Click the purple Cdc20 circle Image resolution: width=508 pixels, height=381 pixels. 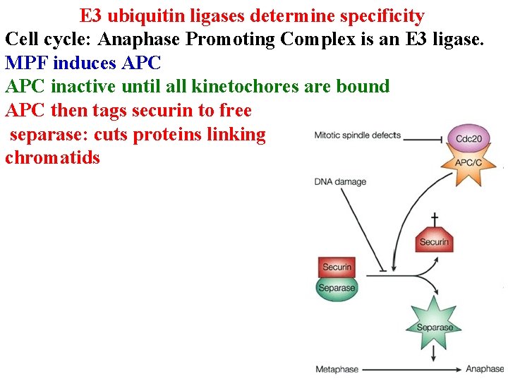pos(468,138)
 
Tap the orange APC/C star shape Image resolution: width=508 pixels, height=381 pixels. pos(468,164)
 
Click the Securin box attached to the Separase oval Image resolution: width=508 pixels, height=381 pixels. pos(337,267)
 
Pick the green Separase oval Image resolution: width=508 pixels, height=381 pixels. pos(337,288)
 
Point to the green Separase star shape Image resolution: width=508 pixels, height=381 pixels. pos(435,327)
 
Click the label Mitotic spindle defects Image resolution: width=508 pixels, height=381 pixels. pos(358,135)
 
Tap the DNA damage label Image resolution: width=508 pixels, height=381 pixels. pos(340,182)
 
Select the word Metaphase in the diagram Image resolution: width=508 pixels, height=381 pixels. pos(337,369)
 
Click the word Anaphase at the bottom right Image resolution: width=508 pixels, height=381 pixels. pos(485,369)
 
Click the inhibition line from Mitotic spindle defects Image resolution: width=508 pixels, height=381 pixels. pos(424,139)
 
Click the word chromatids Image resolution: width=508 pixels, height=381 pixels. pos(53,157)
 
